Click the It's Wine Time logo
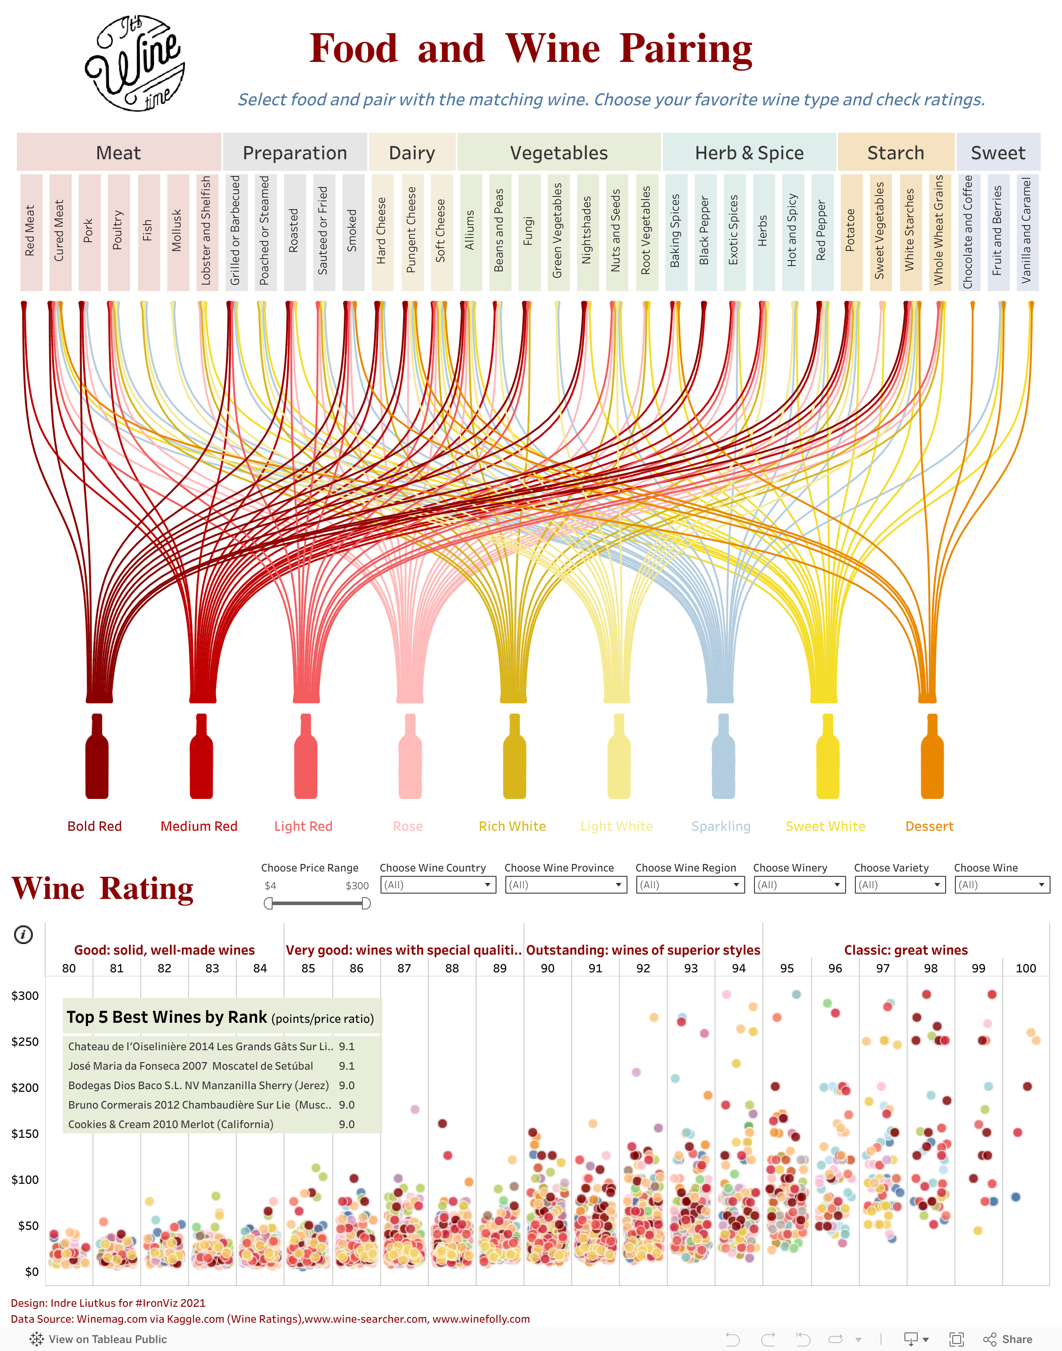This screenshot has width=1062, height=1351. pyautogui.click(x=135, y=63)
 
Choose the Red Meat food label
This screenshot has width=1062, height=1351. pyautogui.click(x=31, y=231)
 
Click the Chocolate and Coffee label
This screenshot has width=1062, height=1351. pyautogui.click(x=968, y=231)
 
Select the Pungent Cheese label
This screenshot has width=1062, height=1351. pyautogui.click(x=412, y=231)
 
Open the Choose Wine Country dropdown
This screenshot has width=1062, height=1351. pyautogui.click(x=438, y=884)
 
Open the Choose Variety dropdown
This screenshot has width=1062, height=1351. pyautogui.click(x=899, y=884)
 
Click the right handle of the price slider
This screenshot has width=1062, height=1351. pyautogui.click(x=366, y=903)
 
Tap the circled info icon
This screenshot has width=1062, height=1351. pyautogui.click(x=23, y=934)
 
